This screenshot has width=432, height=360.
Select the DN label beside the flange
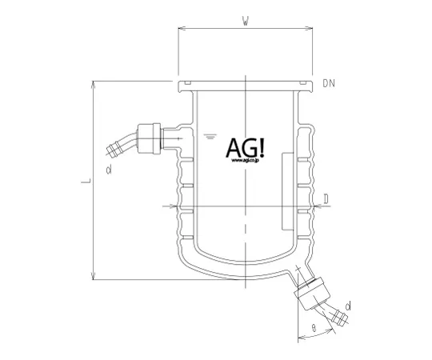pos(330,82)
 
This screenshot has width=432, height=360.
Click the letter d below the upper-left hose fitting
pos(107,170)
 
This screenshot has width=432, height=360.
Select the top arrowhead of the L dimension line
pos(94,82)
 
